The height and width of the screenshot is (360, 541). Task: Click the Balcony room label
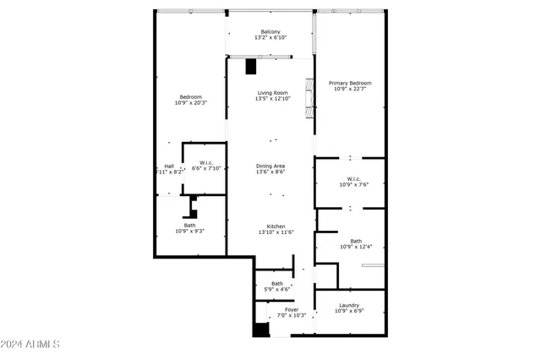click(270, 32)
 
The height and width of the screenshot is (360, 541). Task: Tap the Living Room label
click(272, 93)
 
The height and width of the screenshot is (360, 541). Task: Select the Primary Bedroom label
click(350, 83)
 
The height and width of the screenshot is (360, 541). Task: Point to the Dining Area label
click(270, 166)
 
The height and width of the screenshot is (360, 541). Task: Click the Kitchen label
click(276, 226)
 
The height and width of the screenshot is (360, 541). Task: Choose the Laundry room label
click(349, 305)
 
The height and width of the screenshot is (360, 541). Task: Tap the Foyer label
click(292, 309)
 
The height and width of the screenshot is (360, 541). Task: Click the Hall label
click(169, 166)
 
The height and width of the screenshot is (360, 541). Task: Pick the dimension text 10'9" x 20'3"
click(191, 103)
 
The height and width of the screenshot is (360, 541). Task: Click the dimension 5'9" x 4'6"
click(277, 289)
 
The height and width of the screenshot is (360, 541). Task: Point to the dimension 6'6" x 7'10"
click(205, 168)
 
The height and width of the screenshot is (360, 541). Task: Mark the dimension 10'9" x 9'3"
click(190, 231)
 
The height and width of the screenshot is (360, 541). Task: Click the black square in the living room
click(251, 67)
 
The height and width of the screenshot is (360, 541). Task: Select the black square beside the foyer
click(260, 330)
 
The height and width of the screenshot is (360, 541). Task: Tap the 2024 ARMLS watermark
click(30, 345)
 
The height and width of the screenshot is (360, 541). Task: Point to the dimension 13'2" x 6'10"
click(270, 38)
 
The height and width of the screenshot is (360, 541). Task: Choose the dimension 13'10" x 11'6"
click(276, 232)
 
